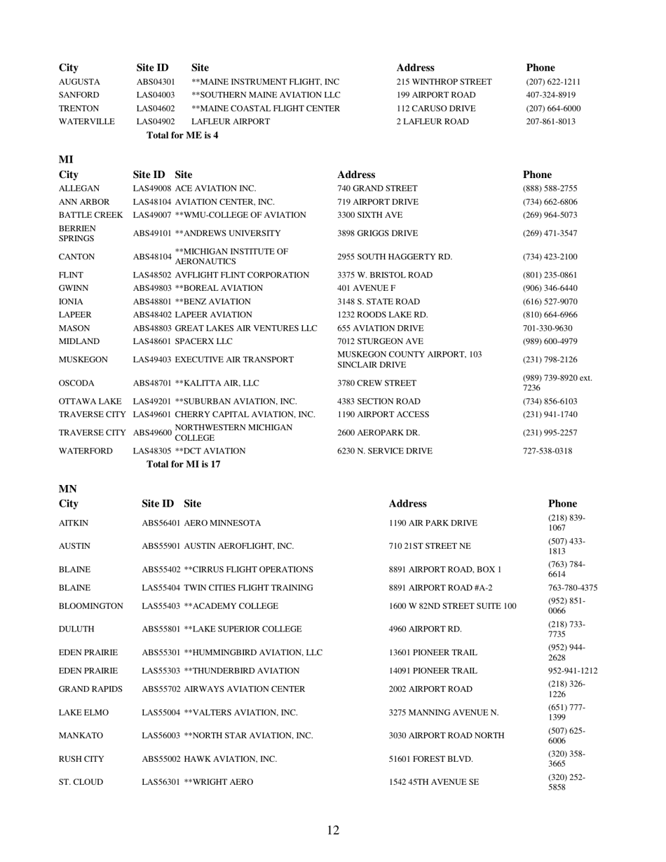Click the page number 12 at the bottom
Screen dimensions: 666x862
(x=333, y=830)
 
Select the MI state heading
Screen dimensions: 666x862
(x=66, y=160)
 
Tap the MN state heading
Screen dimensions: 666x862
(x=68, y=489)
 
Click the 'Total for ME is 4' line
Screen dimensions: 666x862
(x=182, y=135)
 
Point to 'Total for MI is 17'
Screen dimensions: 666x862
(x=184, y=464)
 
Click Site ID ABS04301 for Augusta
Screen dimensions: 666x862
(x=156, y=82)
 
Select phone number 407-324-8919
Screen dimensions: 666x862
(x=550, y=95)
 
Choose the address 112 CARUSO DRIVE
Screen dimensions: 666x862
(x=435, y=109)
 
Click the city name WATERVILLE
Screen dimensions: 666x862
(x=86, y=122)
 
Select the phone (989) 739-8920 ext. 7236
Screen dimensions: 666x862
(x=557, y=383)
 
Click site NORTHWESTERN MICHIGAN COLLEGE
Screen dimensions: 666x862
(x=233, y=432)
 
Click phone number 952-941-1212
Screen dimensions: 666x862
(x=573, y=671)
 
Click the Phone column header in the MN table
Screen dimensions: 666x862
(x=562, y=504)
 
